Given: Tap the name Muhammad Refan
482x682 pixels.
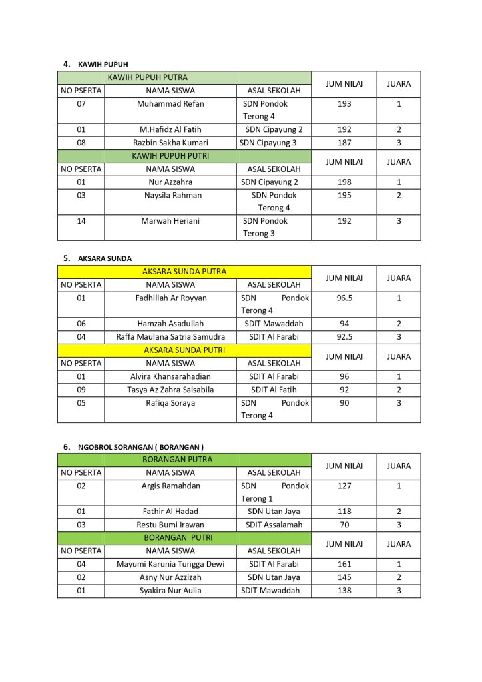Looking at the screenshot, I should coord(170,104).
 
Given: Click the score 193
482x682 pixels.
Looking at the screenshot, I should coord(344,104).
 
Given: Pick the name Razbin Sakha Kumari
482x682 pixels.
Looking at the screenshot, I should coord(170,143).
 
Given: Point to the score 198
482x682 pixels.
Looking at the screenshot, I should coord(344,182).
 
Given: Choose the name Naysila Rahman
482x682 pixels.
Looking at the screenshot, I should coord(170,195).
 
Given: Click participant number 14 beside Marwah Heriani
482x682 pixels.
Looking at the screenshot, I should coord(81,221).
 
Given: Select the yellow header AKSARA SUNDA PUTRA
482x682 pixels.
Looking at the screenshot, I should coord(184,272).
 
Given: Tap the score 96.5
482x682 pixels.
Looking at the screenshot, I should coord(344,298).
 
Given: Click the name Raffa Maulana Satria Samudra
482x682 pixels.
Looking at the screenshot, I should coord(170,337).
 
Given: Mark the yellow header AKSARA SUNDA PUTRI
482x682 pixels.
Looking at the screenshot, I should coord(184,350).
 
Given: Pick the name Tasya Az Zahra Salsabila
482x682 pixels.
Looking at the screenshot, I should coord(170,390).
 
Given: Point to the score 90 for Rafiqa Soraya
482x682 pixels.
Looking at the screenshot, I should coord(344,403).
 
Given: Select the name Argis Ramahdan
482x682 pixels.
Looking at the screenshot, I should coord(170,486).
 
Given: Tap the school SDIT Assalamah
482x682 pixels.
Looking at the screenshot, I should coord(274,525).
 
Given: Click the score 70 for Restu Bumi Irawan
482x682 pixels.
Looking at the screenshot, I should coord(344,525).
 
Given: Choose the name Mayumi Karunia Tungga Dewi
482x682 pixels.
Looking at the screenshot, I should coord(170,564).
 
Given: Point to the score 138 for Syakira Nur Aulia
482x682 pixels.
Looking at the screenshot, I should coord(344,591).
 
